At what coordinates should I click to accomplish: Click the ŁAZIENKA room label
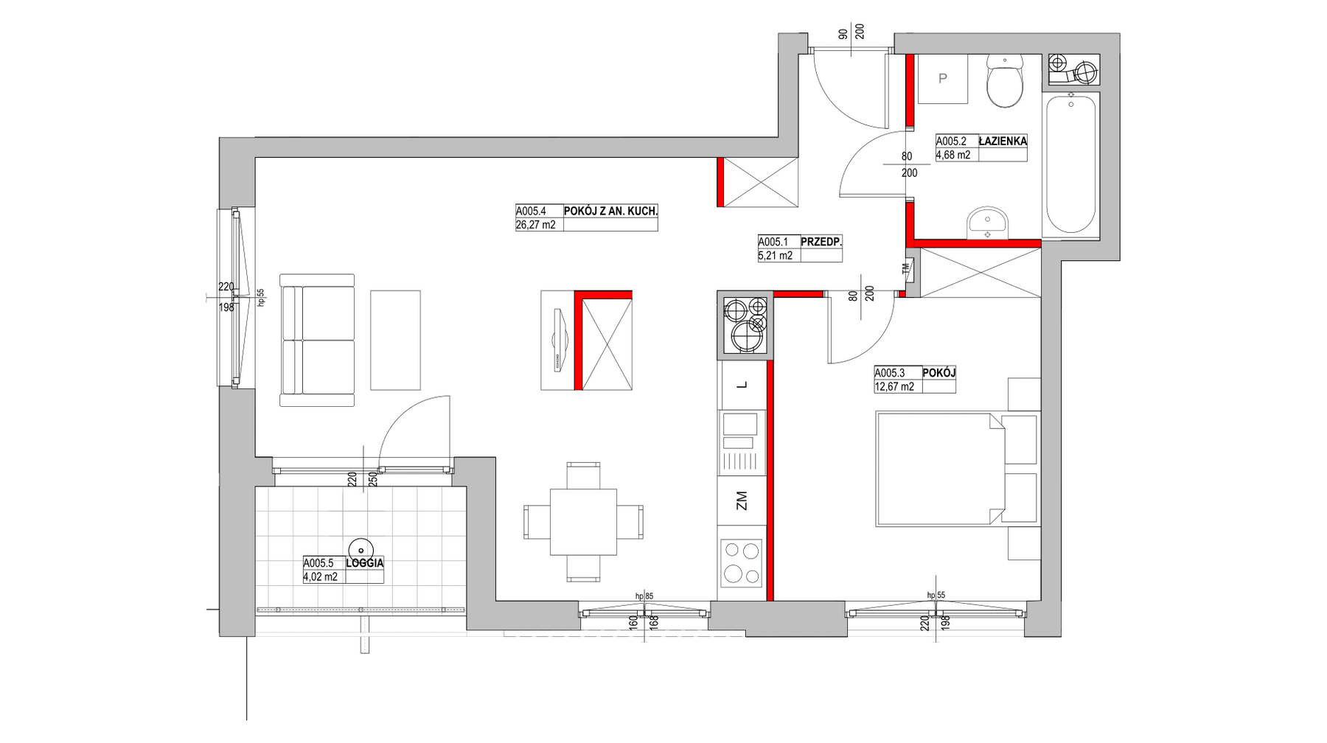click(x=1003, y=141)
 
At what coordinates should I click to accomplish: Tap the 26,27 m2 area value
click(x=536, y=225)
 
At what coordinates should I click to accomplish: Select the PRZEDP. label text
click(x=821, y=242)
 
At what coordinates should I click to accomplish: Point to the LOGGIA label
click(x=365, y=563)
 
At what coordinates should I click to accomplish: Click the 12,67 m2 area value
click(x=894, y=386)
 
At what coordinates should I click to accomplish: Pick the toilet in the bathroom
click(x=1005, y=81)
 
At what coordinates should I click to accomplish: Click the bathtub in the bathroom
click(x=1070, y=164)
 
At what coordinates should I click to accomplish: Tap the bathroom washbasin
click(x=987, y=222)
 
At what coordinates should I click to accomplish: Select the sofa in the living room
click(x=317, y=340)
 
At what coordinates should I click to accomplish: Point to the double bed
click(x=940, y=470)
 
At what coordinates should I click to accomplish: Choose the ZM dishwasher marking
click(x=742, y=501)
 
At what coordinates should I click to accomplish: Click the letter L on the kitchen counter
click(x=742, y=385)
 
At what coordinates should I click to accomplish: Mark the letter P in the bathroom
click(x=942, y=79)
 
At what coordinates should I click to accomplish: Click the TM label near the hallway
click(x=906, y=269)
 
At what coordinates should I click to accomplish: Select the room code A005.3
click(x=890, y=374)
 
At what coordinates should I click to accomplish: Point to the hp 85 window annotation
click(x=644, y=596)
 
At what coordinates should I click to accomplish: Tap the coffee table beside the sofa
click(x=396, y=340)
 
